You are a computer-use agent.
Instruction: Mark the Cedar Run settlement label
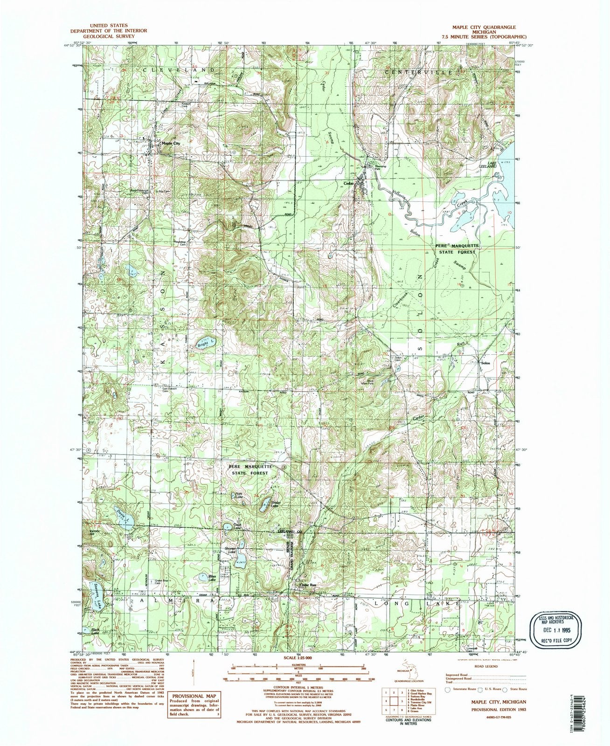[x=309, y=585]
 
